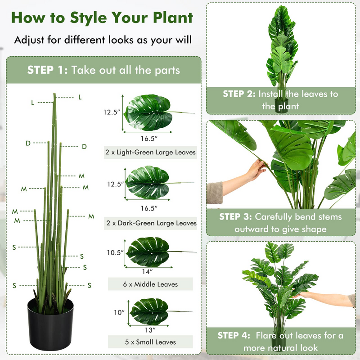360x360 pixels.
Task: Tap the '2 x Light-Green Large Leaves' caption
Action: [150, 152]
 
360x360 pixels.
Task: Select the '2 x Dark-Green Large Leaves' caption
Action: [150, 223]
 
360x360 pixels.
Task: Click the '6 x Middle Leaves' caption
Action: [150, 284]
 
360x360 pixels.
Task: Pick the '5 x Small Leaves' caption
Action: [150, 342]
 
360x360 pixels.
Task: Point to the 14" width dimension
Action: [148, 271]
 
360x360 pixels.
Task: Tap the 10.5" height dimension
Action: [115, 253]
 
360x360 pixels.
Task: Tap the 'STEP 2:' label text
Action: [238, 94]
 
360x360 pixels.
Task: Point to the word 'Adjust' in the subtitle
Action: [31, 40]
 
